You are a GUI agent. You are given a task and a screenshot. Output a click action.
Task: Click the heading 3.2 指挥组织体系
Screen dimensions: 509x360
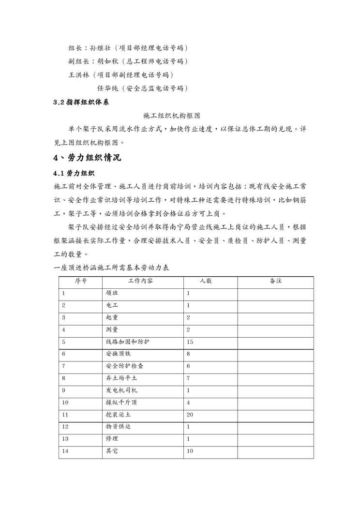(81, 103)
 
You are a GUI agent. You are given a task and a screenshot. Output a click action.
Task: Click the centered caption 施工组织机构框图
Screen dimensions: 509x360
(172, 116)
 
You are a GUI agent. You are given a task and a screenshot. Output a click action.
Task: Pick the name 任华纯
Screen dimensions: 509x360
(108, 88)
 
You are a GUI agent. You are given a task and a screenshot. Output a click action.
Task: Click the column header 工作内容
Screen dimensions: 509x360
(140, 281)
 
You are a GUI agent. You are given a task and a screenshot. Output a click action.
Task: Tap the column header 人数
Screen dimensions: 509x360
(206, 281)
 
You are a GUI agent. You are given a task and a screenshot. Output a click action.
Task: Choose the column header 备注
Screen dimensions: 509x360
(275, 281)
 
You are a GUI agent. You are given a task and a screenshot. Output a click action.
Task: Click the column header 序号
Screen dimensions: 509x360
(80, 281)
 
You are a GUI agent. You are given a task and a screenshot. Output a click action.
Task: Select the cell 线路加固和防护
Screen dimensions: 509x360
(127, 342)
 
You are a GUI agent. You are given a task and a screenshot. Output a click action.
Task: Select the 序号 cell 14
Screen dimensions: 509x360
(66, 451)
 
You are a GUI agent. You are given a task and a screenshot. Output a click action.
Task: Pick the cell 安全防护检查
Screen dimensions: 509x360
(124, 366)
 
